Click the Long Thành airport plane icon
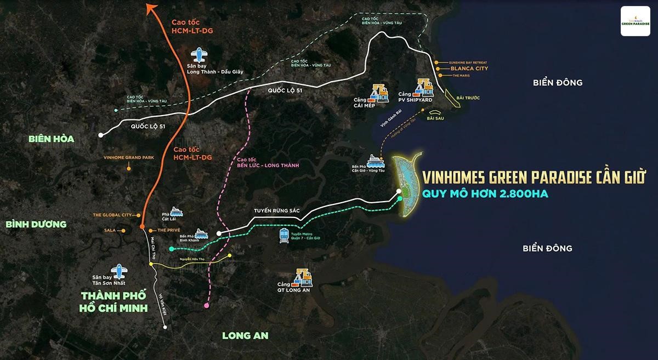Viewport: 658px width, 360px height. [x=199, y=55]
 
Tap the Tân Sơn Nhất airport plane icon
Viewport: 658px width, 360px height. [x=117, y=271]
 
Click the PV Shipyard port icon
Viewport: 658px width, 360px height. [x=423, y=89]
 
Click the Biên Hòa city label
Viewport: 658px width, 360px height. [x=52, y=139]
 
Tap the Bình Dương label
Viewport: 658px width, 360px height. [x=36, y=224]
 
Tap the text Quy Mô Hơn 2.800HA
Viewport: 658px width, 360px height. [x=485, y=193]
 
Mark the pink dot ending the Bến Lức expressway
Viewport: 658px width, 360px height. [x=206, y=305]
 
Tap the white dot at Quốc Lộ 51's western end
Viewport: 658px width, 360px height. [x=100, y=134]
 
